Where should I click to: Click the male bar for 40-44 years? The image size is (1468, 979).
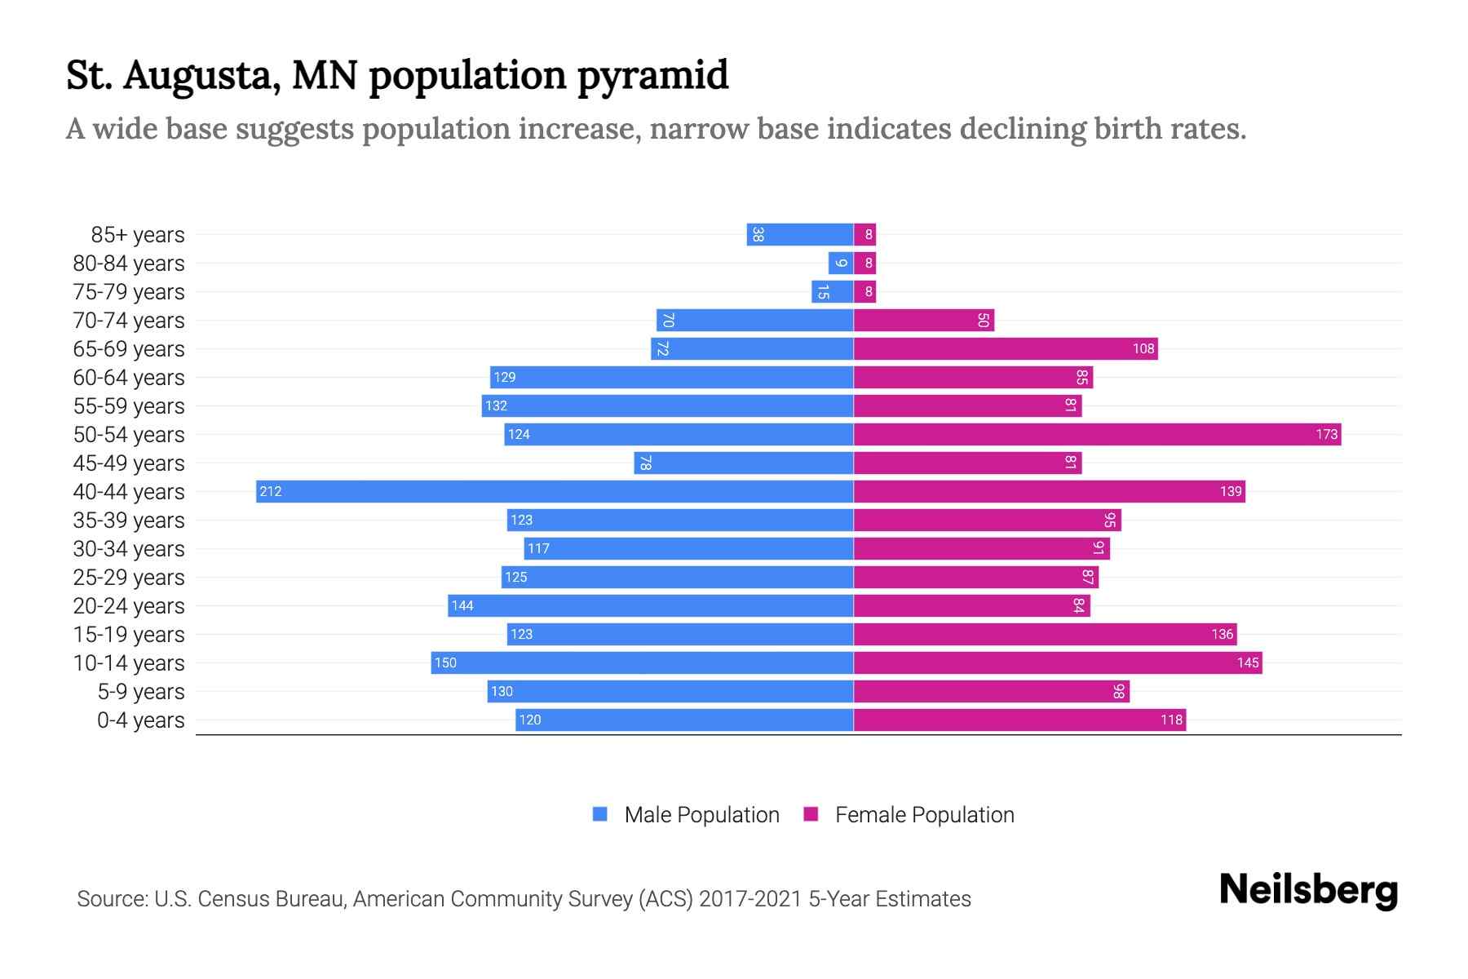point(555,491)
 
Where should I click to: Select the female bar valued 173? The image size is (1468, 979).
point(1097,434)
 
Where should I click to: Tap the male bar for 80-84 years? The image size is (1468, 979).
point(841,264)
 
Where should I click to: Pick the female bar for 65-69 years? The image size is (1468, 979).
point(1006,348)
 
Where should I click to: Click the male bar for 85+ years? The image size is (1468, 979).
point(800,235)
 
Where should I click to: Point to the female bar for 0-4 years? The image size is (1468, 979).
point(1019,720)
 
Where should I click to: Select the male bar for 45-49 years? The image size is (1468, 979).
point(744,463)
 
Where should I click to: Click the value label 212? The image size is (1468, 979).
point(271,491)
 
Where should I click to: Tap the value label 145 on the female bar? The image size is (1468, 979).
point(1248,662)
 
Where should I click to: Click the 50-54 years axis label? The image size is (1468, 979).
point(129,435)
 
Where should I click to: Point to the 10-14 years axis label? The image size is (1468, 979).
point(129,663)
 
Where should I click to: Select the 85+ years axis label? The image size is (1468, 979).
point(138,235)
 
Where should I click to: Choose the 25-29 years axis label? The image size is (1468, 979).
point(129,578)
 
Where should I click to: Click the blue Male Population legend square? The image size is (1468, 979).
point(600,814)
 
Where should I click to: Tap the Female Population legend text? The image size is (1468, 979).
point(924,815)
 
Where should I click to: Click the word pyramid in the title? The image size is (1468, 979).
point(652,76)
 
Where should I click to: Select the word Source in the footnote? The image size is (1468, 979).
point(112,899)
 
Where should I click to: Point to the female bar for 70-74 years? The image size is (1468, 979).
point(924,320)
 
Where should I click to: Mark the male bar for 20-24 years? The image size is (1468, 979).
point(651,605)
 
